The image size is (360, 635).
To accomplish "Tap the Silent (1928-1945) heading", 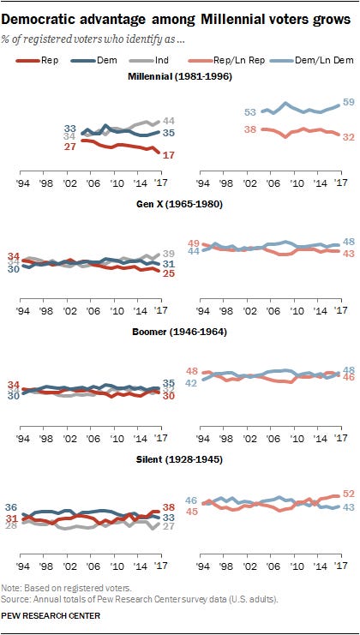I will tap(180, 459).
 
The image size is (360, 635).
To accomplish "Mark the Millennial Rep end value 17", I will tap(169, 154).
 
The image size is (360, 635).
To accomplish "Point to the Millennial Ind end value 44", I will tap(169, 121).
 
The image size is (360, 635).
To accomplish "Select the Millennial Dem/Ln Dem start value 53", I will tap(226, 112).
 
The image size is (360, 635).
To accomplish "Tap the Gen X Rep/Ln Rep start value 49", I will tap(194, 243).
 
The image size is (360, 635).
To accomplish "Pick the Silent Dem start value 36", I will tap(11, 484).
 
